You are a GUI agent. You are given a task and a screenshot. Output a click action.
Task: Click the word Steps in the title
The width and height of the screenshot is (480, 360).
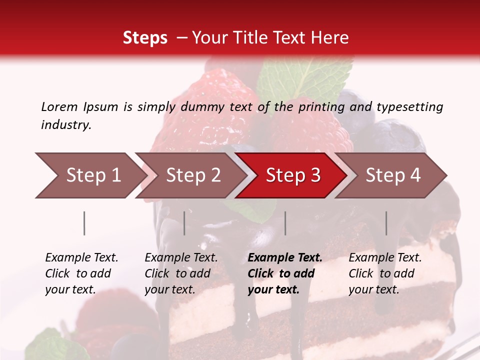click(145, 38)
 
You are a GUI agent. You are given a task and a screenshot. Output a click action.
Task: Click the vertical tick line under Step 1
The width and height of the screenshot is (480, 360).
click(84, 223)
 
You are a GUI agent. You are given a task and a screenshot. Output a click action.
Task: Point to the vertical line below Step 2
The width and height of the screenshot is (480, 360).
click(184, 223)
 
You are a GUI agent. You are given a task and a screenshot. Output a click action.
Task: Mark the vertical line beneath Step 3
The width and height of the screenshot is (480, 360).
click(285, 223)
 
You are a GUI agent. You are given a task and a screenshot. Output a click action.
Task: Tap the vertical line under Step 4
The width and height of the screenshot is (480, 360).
click(386, 223)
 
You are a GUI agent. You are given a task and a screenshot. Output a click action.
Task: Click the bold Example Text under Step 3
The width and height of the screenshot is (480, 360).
click(285, 258)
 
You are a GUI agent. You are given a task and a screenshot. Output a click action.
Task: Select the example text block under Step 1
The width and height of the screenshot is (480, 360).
click(81, 273)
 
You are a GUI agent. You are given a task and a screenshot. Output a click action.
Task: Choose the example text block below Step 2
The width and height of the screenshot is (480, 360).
click(181, 273)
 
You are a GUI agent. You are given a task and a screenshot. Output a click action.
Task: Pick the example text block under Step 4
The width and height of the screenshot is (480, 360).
click(385, 273)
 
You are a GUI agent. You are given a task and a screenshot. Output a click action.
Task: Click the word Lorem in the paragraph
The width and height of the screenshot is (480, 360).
click(59, 106)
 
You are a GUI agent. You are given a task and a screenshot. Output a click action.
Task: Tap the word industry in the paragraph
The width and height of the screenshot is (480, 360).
click(65, 125)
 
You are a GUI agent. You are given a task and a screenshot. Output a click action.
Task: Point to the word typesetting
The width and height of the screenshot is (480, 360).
click(409, 107)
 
